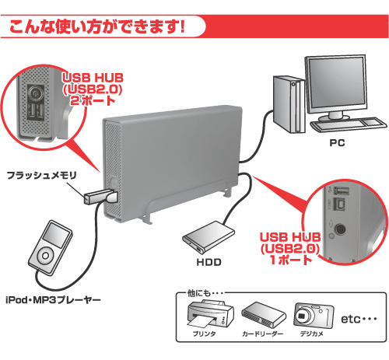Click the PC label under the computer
click(x=337, y=142)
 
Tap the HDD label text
click(x=209, y=262)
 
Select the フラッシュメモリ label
click(x=41, y=175)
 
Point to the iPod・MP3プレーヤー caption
click(x=53, y=300)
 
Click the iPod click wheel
click(x=46, y=256)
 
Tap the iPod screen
click(x=57, y=235)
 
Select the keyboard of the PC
click(x=349, y=124)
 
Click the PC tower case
click(x=289, y=104)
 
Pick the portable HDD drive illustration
click(x=209, y=236)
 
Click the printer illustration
click(x=209, y=314)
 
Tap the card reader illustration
click(x=263, y=315)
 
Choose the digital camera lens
click(x=303, y=316)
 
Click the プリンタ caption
click(x=204, y=334)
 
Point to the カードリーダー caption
click(x=262, y=334)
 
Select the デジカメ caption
click(x=312, y=334)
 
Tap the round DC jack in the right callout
click(x=340, y=229)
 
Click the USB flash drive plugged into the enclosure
click(x=100, y=197)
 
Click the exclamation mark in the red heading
click(x=182, y=26)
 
